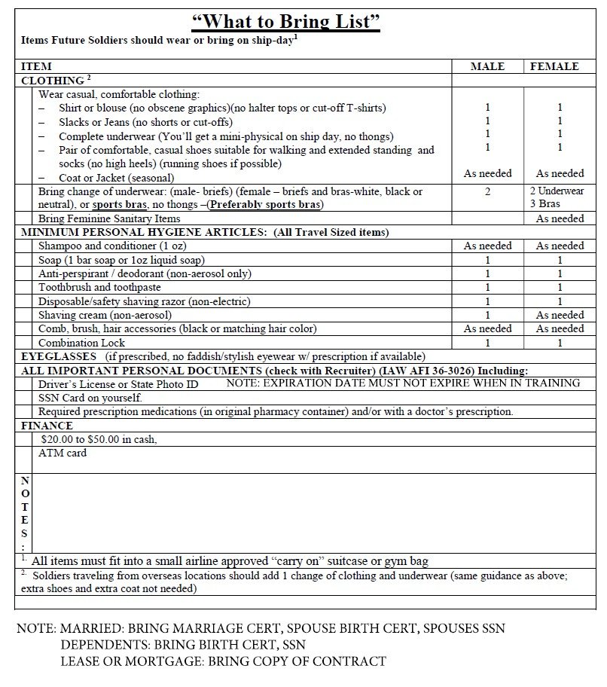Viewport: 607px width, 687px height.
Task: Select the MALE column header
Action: click(x=487, y=66)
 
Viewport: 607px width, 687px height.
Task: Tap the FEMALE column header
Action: click(x=554, y=66)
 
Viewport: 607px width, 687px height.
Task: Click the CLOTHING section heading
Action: click(x=53, y=80)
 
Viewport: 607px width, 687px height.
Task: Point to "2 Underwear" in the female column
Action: click(x=557, y=191)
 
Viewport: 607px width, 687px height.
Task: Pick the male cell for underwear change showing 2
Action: click(x=487, y=191)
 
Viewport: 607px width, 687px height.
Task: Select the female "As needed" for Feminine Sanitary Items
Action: click(x=560, y=218)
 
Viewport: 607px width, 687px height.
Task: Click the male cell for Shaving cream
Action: click(x=487, y=315)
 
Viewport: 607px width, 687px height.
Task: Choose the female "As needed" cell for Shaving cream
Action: click(x=560, y=315)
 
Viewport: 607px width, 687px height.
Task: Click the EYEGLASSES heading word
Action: click(x=59, y=356)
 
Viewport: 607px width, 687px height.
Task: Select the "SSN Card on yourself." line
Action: click(x=90, y=398)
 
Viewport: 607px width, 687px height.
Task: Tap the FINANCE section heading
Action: click(x=47, y=426)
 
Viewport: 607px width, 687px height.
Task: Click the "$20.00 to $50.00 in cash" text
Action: click(x=99, y=439)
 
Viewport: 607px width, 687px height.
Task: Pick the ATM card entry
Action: click(x=63, y=453)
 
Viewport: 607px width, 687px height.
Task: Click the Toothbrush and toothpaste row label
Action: click(x=99, y=287)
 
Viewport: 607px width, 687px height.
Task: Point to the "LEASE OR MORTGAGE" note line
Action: click(x=223, y=661)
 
